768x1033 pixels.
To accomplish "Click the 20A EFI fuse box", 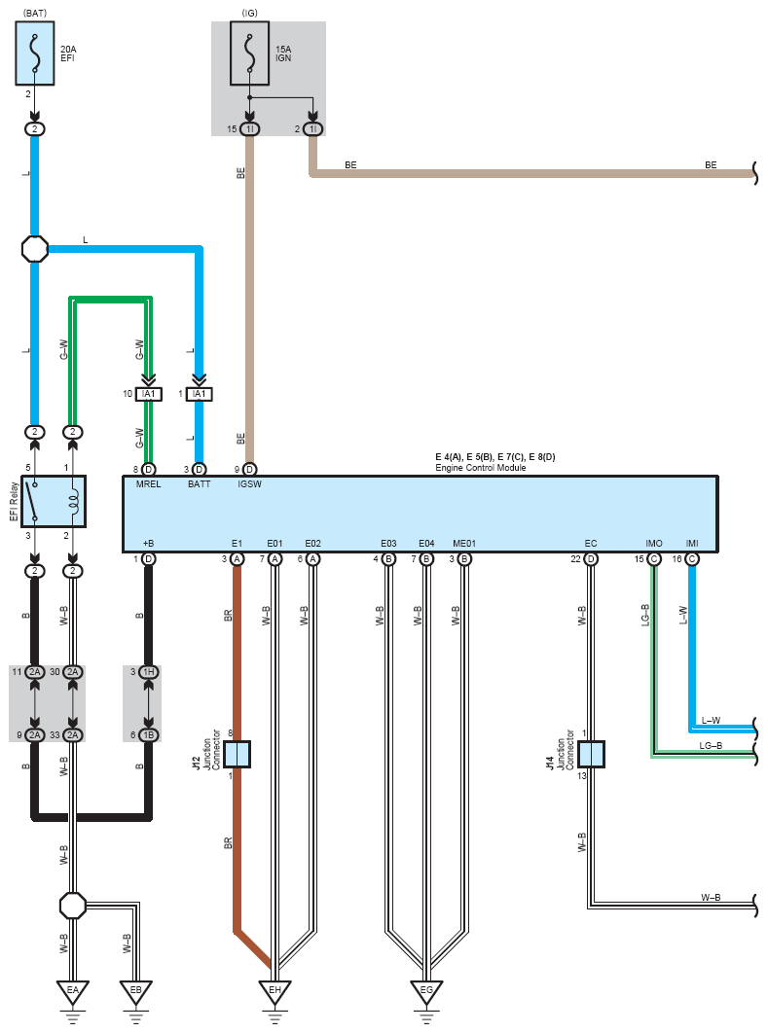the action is [x=35, y=53].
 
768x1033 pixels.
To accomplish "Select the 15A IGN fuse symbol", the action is [x=249, y=53].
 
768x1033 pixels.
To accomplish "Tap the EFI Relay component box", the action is [x=55, y=501].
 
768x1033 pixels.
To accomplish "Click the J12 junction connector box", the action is [x=237, y=755].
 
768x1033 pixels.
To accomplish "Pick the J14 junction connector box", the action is [x=591, y=755].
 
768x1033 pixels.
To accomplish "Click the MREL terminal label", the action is [x=148, y=484].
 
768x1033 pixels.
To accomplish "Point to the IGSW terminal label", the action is [x=250, y=484].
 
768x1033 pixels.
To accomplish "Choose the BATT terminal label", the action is [x=200, y=484].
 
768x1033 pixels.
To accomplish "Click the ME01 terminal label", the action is [x=464, y=544].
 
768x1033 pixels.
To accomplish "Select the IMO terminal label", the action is [x=654, y=544].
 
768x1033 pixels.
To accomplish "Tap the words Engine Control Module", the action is [x=481, y=468].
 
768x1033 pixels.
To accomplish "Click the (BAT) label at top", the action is [x=35, y=14].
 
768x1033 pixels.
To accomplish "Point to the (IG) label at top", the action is [x=250, y=14].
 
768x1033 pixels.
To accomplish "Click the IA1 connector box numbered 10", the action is [x=148, y=394].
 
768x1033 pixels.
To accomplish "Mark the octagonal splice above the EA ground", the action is [x=72, y=906].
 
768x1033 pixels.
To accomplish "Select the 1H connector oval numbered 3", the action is [x=148, y=672].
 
